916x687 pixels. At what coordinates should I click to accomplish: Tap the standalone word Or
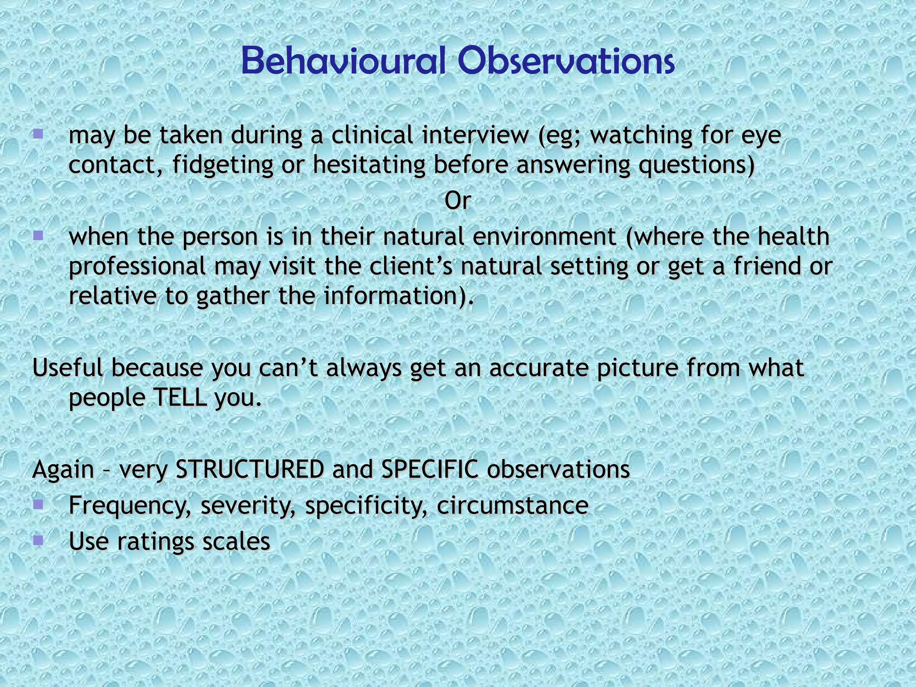click(458, 201)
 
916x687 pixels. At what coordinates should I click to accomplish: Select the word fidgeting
click(222, 165)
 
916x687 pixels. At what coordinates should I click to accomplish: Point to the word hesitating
click(369, 165)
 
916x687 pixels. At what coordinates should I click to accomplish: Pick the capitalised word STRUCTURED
click(250, 469)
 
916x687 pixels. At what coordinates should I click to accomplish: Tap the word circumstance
click(513, 505)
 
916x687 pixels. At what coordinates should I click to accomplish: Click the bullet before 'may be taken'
click(38, 134)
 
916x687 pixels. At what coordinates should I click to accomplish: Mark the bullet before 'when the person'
click(38, 235)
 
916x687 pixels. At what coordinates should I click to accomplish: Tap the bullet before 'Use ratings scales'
click(38, 540)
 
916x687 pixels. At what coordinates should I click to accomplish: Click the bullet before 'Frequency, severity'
click(38, 505)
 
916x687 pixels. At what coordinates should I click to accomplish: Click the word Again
click(63, 469)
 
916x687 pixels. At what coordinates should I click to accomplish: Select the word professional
click(137, 267)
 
